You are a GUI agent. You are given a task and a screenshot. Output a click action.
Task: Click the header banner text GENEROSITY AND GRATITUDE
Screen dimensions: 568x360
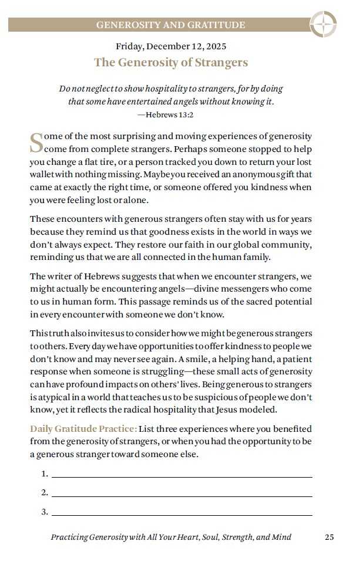170,25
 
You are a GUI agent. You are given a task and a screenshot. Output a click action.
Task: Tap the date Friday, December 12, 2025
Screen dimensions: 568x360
171,46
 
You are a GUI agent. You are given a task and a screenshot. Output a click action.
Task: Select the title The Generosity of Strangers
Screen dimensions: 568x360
171,62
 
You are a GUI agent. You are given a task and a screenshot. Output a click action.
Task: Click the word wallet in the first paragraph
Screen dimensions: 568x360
43,175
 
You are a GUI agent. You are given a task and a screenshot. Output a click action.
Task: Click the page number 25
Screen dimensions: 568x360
329,537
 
